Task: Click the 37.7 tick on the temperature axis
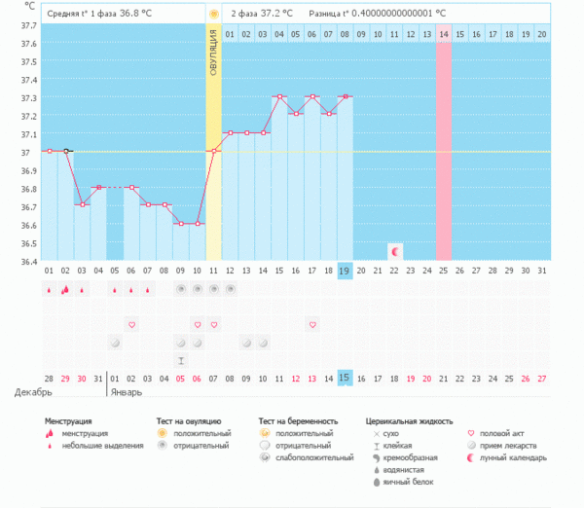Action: point(27,26)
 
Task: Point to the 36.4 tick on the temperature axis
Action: point(27,262)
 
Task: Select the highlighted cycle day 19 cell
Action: point(345,272)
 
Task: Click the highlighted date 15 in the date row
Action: point(345,378)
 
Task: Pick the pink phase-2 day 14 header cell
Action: point(444,34)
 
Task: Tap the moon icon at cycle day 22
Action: point(394,251)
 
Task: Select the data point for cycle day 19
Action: point(345,96)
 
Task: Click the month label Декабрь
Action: point(33,392)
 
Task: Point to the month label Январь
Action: point(125,392)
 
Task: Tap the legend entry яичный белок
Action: point(409,482)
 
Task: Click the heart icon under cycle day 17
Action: point(312,324)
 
